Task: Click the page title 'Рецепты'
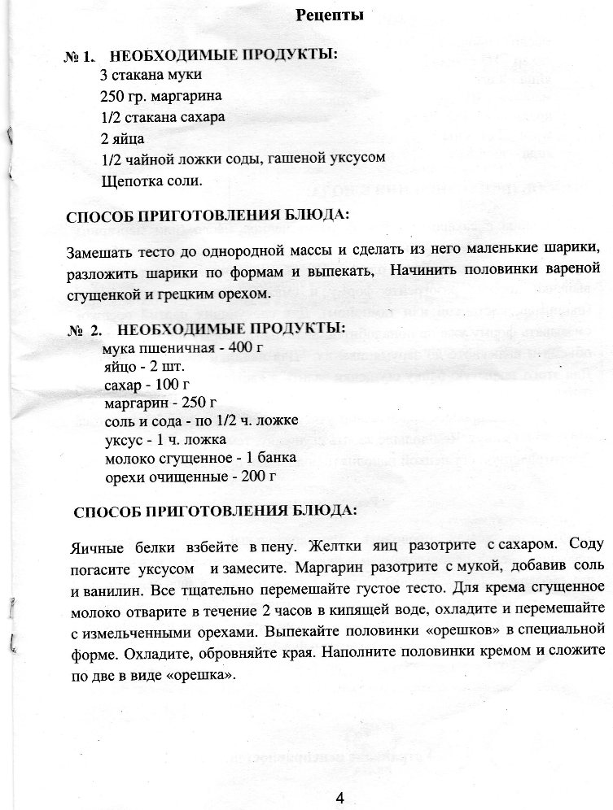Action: (x=330, y=15)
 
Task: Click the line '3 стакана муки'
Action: (x=151, y=76)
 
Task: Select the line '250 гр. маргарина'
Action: (x=160, y=96)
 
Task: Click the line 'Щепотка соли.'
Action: (x=151, y=180)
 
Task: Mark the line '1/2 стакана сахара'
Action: (x=163, y=116)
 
